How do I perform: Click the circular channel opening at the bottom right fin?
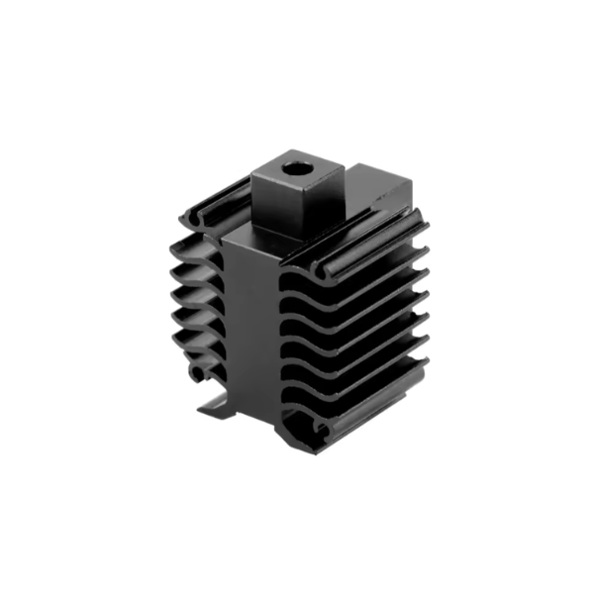pos(319,428)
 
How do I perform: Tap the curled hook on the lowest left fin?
pos(203,374)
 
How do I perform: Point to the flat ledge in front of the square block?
pos(247,238)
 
